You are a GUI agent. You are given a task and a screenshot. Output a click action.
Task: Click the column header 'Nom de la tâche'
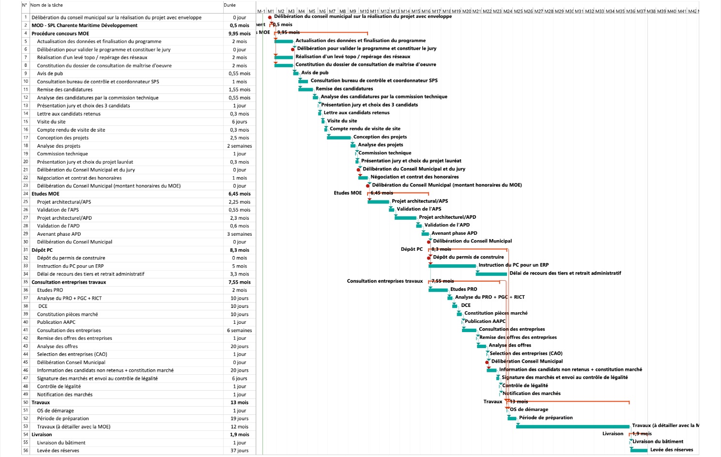coord(46,5)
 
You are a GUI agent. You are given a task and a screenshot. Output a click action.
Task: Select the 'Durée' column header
coord(230,5)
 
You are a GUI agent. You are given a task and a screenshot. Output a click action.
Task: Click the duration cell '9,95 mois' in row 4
coord(239,34)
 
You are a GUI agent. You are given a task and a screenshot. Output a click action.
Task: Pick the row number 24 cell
coord(25,194)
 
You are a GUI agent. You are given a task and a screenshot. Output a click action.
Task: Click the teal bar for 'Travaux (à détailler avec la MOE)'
coord(572,427)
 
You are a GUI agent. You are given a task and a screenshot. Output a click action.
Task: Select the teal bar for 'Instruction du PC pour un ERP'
coord(452,266)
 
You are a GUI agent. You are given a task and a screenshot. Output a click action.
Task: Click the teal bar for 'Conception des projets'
coord(338,137)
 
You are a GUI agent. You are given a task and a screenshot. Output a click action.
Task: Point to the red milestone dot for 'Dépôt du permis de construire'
coord(429,258)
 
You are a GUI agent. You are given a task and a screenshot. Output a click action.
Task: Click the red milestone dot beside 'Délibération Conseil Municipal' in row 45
coord(487,362)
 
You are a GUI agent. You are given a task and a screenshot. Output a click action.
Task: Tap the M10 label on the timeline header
coord(364,11)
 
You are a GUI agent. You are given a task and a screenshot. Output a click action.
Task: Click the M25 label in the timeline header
coord(518,11)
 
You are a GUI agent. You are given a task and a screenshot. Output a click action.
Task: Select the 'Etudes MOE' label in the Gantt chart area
coord(347,193)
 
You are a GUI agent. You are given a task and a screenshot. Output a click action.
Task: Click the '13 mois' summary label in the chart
coord(519,402)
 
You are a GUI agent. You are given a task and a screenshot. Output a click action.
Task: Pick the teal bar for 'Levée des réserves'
coord(639,450)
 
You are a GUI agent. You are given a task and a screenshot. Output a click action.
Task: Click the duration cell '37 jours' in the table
coord(239,451)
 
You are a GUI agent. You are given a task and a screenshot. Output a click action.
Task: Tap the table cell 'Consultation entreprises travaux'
coord(69,282)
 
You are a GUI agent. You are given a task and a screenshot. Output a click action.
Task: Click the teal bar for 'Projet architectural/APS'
coord(378,201)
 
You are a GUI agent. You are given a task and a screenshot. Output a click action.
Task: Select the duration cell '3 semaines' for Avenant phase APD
coord(239,234)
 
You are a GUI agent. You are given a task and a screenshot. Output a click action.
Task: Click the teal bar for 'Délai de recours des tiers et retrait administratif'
coord(491,274)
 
